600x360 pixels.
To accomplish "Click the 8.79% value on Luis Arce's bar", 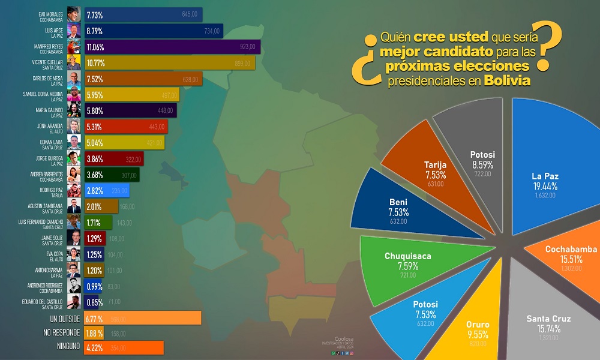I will (x=95, y=31).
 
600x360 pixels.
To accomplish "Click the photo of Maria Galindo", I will (x=74, y=110).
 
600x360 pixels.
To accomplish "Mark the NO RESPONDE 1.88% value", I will (x=95, y=333).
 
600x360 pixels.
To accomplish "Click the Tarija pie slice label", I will (x=434, y=166).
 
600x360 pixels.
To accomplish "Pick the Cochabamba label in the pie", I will (x=571, y=249).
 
